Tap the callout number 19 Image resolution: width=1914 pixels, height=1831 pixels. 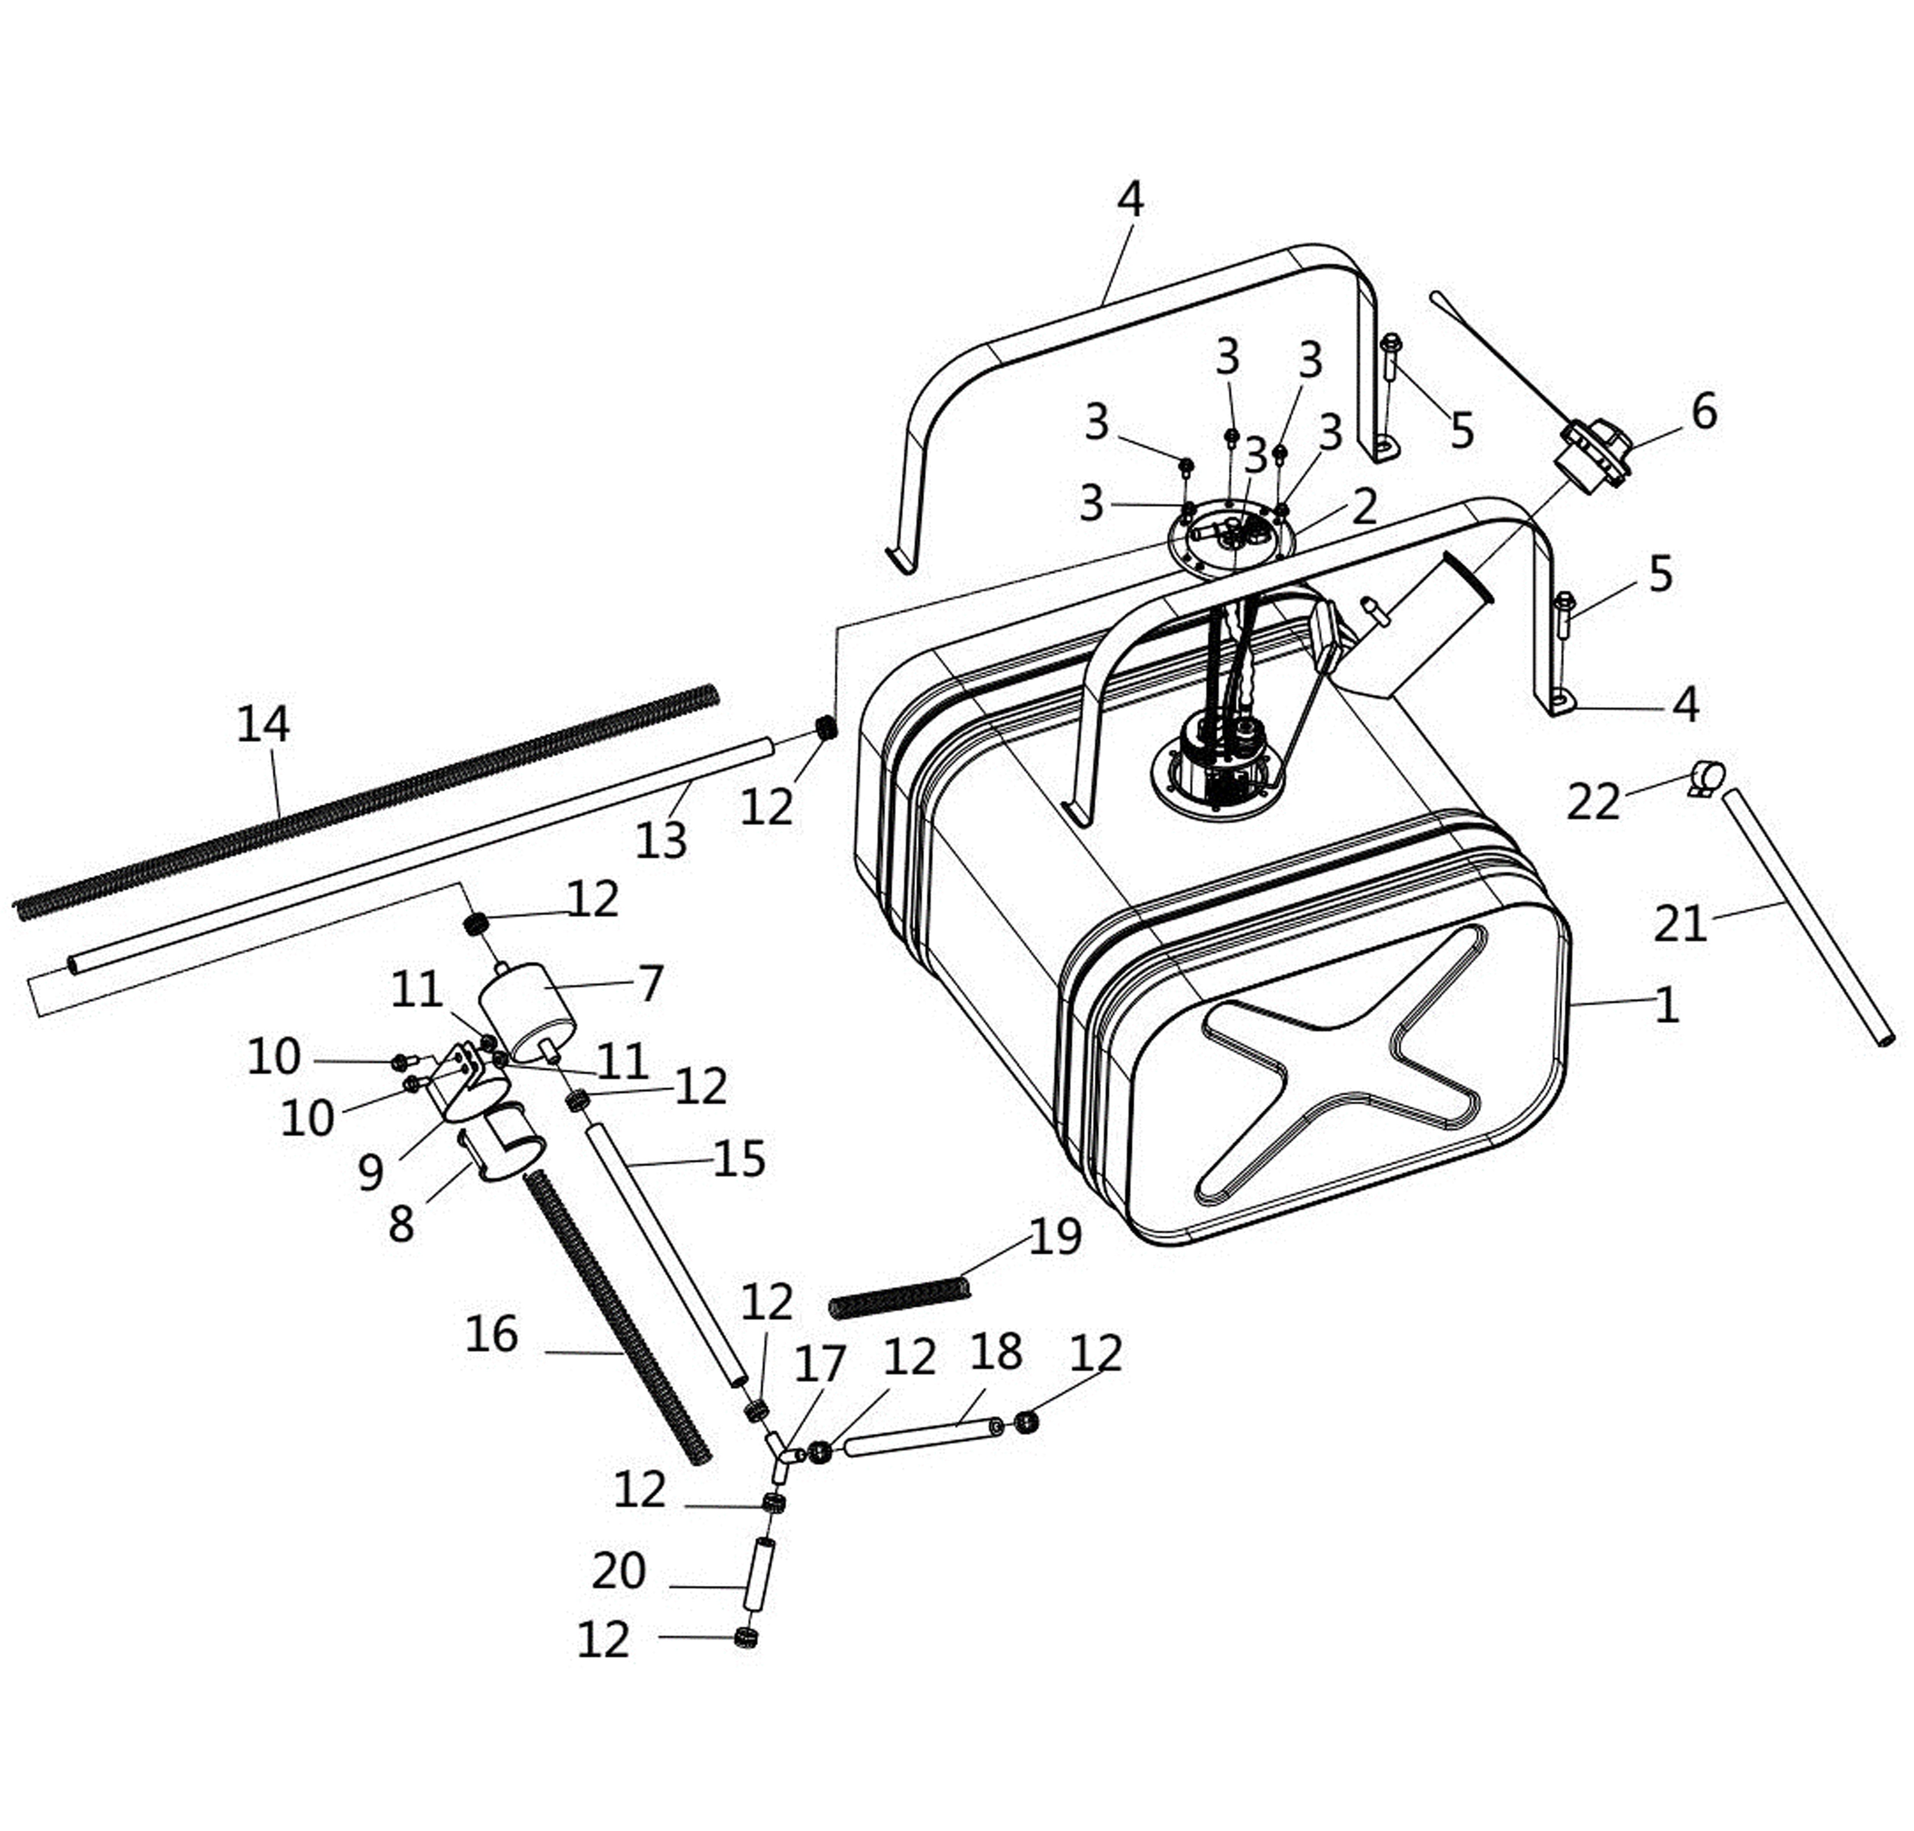click(1055, 1237)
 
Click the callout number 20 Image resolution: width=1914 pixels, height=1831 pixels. click(619, 1570)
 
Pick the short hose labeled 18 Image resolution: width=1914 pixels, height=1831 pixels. click(922, 1438)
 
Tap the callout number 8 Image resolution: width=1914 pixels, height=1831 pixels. click(401, 1224)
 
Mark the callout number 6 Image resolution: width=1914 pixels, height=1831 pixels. click(1703, 412)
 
